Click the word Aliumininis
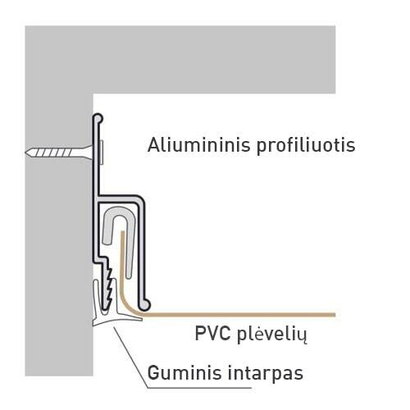pyautogui.click(x=198, y=144)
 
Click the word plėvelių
pyautogui.click(x=271, y=335)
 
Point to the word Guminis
pyautogui.click(x=184, y=372)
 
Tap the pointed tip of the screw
pyautogui.click(x=26, y=153)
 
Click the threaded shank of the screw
pyautogui.click(x=52, y=153)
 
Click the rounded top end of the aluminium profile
pyautogui.click(x=98, y=118)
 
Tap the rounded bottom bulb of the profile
pyautogui.click(x=144, y=305)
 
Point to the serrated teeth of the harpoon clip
pyautogui.click(x=110, y=285)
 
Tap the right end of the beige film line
pyautogui.click(x=335, y=315)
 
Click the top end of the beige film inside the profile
pyautogui.click(x=123, y=232)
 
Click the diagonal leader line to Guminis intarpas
pyautogui.click(x=130, y=357)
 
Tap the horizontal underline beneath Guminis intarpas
pyautogui.click(x=199, y=387)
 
